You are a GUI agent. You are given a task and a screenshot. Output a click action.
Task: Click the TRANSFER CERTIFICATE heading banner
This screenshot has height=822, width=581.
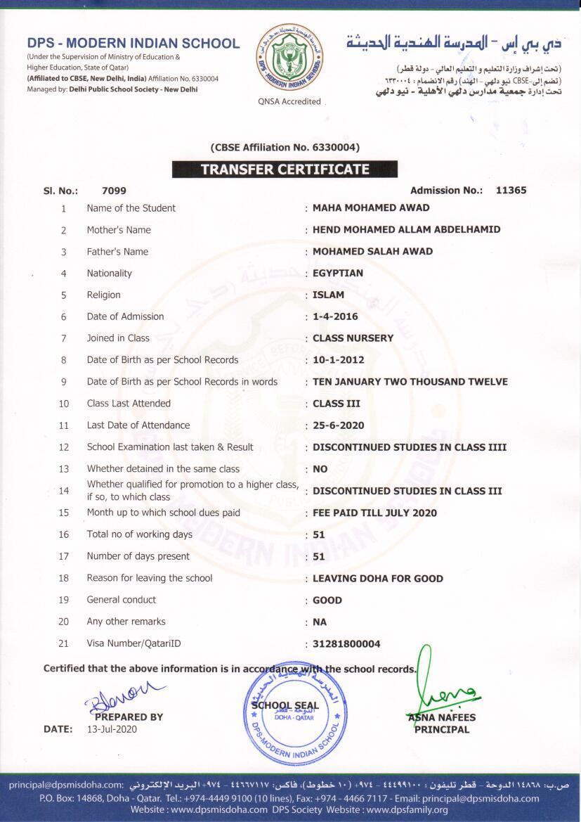tap(285, 169)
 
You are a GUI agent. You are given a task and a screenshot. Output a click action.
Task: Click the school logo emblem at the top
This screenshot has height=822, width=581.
tap(289, 57)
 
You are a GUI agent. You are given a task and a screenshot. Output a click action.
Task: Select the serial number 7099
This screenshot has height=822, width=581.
tap(114, 190)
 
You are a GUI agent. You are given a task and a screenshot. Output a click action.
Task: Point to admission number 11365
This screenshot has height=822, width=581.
tap(511, 190)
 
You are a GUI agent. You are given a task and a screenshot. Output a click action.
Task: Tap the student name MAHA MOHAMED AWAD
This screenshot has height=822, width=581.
tap(371, 208)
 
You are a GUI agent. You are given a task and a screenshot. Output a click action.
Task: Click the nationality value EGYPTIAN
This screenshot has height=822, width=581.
tap(338, 273)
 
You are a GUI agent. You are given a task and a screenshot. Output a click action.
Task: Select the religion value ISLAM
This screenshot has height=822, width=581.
tap(328, 295)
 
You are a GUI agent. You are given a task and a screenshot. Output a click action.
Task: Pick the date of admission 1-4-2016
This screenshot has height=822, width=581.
tap(335, 316)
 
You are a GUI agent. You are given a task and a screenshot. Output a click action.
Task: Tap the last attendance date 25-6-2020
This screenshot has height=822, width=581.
tap(339, 425)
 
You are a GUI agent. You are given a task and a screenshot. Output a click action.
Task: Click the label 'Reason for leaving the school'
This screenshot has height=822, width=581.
tap(150, 578)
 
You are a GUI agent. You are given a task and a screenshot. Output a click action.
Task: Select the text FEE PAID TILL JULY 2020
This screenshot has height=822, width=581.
tap(374, 513)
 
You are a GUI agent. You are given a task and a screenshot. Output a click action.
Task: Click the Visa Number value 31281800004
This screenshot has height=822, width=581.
tap(346, 643)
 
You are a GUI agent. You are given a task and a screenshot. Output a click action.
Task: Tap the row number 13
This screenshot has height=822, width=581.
tap(64, 469)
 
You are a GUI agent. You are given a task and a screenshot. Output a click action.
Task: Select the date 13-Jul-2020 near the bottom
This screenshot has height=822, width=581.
tap(112, 729)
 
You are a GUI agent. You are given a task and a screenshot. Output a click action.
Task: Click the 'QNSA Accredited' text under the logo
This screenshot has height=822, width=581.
tap(289, 101)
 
